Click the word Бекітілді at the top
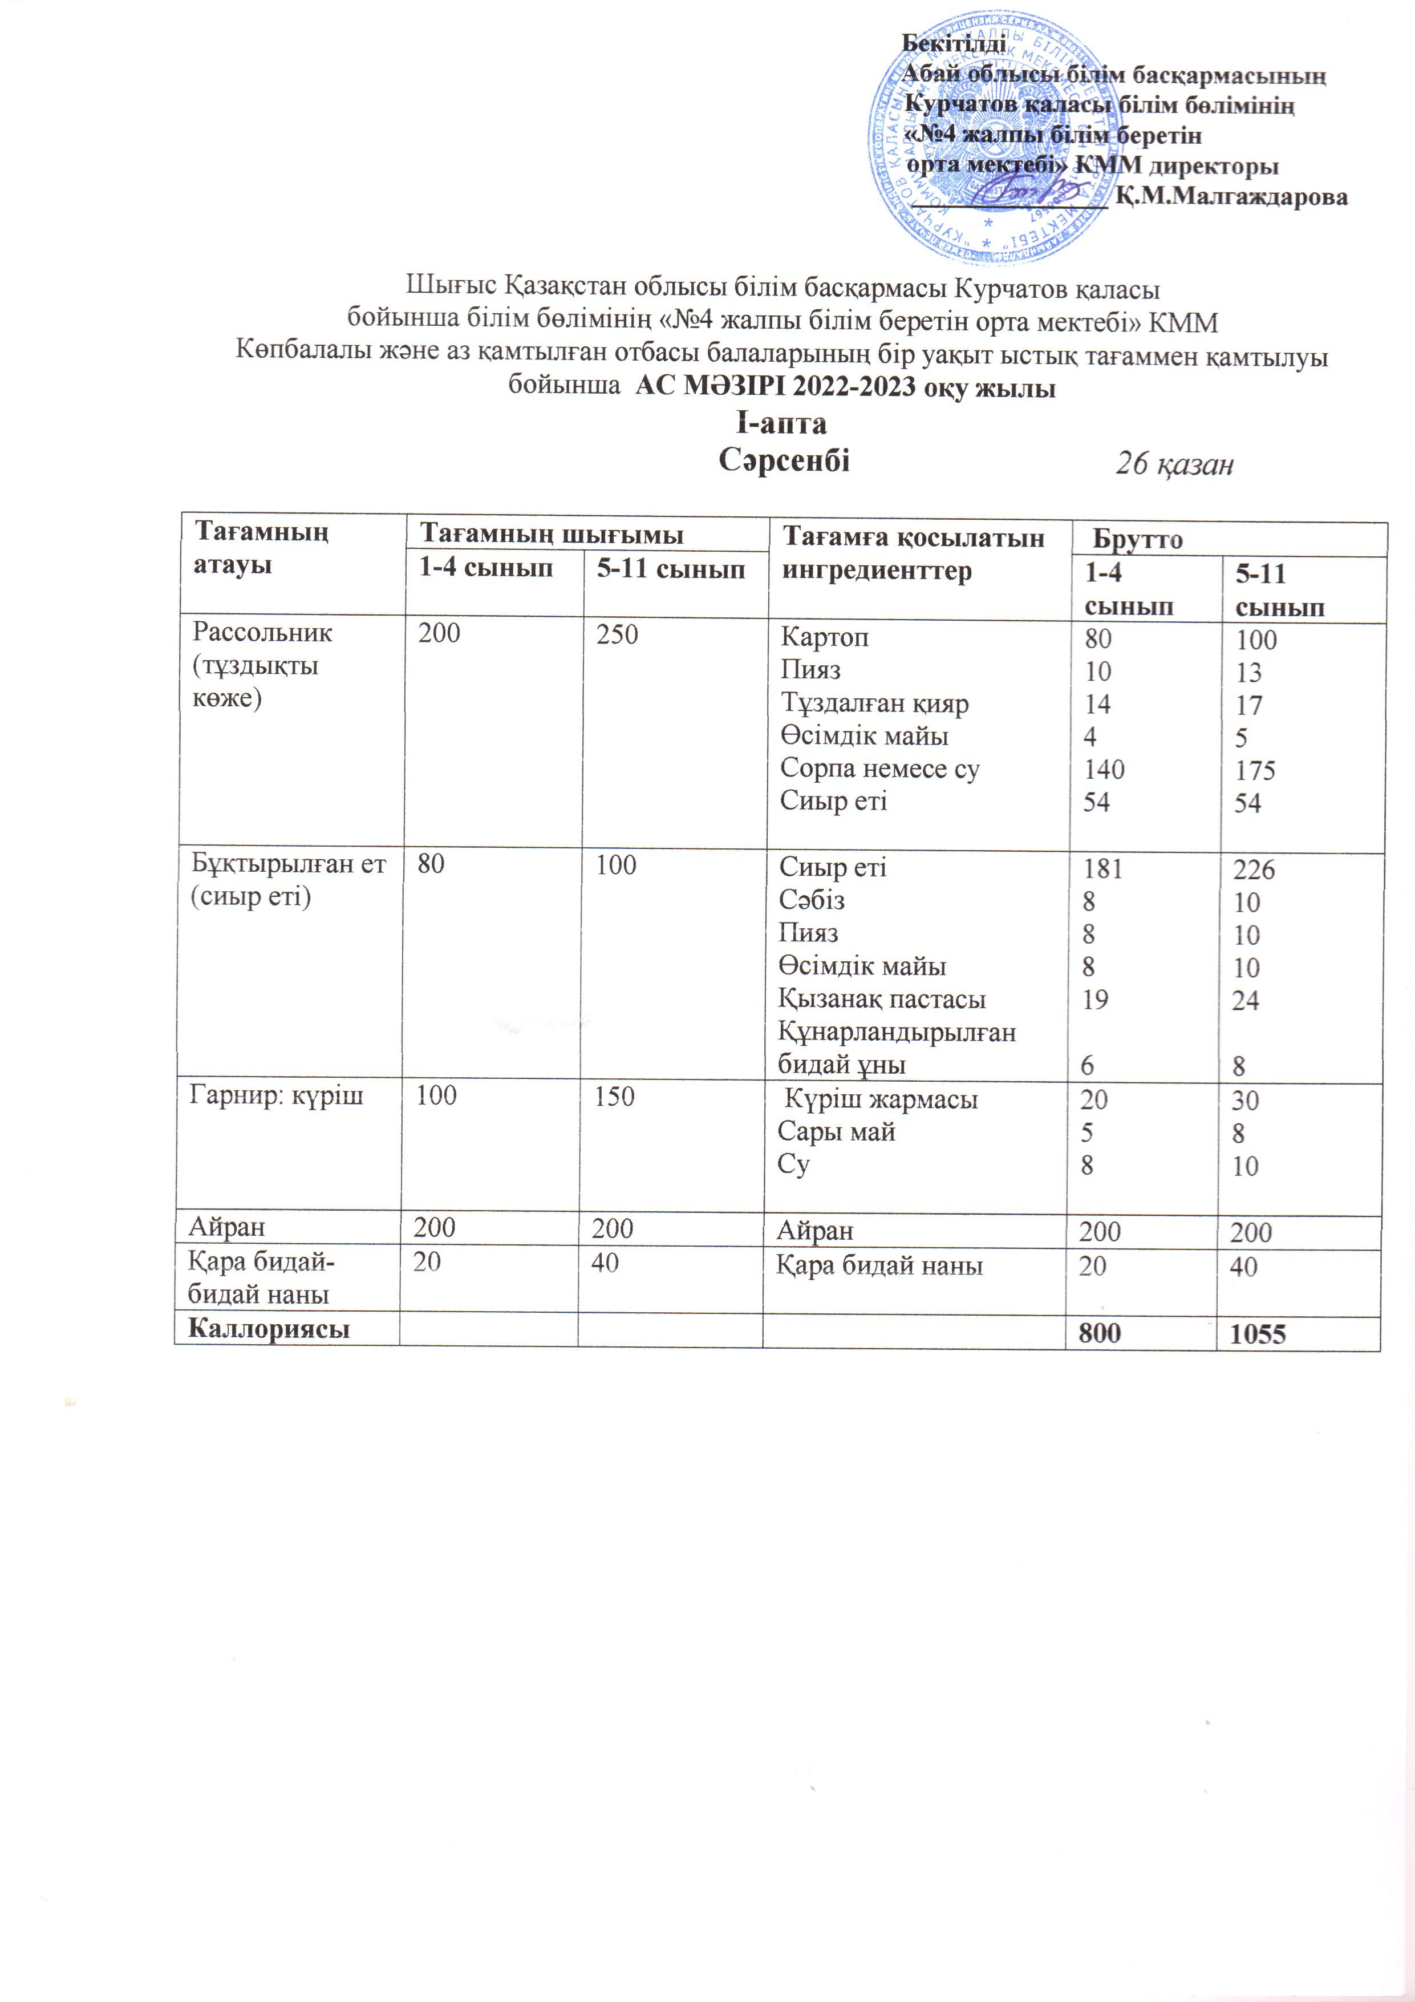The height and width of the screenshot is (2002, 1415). pos(953,43)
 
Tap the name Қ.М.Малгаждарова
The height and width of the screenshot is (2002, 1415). pos(1231,197)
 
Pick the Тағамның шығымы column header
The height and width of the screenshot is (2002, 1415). pos(551,533)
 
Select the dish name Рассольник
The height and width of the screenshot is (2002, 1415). pos(262,632)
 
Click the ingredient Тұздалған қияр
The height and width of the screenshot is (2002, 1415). pos(874,703)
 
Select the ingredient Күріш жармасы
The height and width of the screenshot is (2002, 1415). pos(881,1099)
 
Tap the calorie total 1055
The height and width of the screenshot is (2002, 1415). pos(1258,1334)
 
